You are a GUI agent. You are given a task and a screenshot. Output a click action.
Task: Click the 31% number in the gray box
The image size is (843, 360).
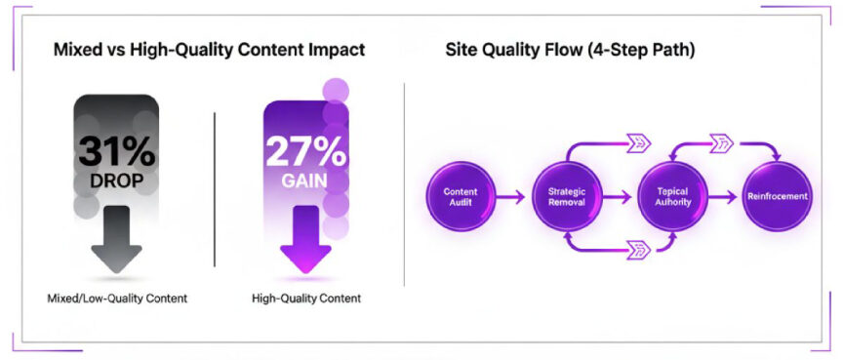(x=116, y=151)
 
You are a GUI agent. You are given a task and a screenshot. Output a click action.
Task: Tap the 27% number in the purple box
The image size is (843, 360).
(x=304, y=151)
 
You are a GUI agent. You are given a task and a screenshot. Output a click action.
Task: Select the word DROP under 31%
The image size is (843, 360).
(x=116, y=182)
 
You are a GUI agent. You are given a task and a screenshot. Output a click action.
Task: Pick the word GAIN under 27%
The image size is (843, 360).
(x=304, y=182)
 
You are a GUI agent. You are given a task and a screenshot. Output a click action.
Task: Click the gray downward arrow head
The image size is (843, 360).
(x=116, y=256)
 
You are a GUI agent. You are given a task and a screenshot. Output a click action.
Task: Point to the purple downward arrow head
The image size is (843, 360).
(x=305, y=256)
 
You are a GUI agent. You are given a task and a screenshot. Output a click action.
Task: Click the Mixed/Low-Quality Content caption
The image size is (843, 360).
(x=116, y=297)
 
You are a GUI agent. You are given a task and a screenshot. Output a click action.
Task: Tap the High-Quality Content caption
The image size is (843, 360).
(x=305, y=297)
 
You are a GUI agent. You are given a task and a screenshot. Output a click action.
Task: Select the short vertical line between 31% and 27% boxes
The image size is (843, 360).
(x=215, y=185)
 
